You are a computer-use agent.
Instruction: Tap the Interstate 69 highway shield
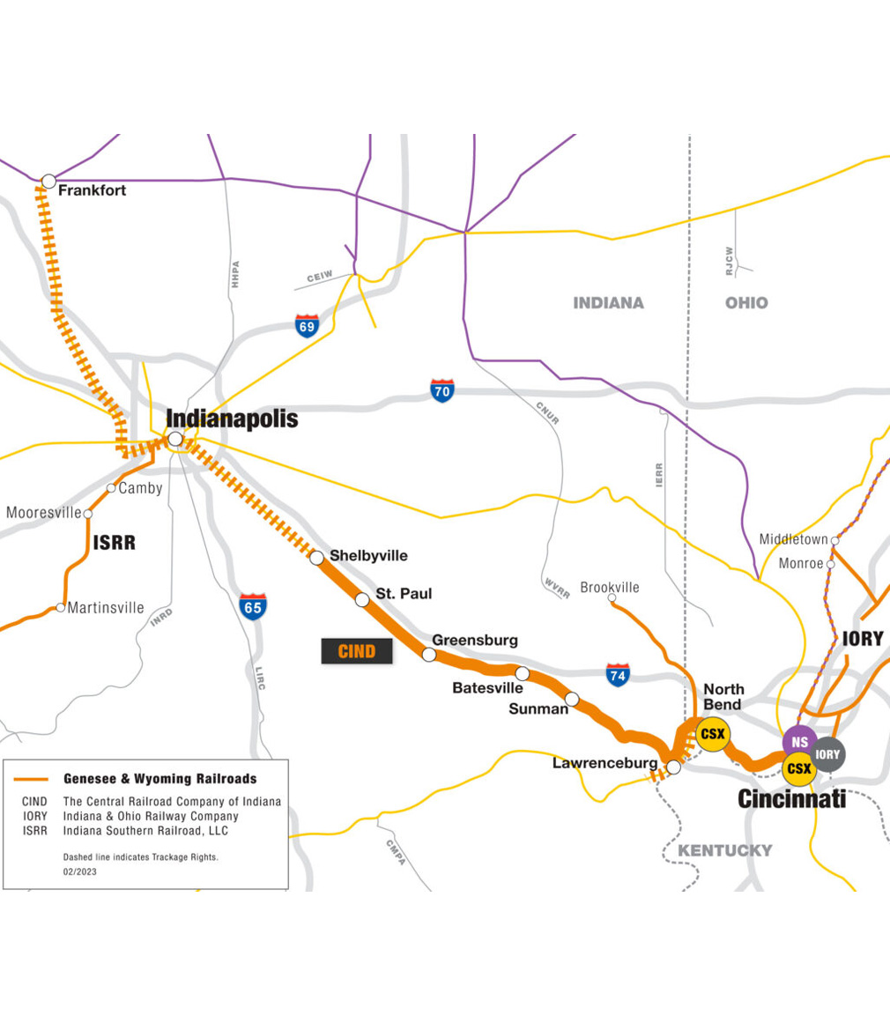[307, 324]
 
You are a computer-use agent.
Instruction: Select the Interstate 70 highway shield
[442, 389]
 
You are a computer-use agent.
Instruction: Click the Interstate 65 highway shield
[253, 606]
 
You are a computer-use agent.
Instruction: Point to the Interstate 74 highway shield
[618, 675]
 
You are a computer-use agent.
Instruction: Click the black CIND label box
[357, 651]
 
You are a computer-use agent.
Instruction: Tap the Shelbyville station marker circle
[316, 558]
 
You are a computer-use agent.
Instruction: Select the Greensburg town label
[474, 640]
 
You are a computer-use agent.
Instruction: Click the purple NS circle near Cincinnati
[799, 742]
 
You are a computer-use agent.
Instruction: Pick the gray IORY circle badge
[827, 754]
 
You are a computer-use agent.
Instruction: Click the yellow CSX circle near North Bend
[712, 734]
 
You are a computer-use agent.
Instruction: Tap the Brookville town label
[610, 587]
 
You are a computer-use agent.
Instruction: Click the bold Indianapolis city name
[232, 419]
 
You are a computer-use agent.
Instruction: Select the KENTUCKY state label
[724, 850]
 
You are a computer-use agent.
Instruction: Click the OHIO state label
[745, 303]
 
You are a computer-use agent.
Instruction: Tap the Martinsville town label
[106, 607]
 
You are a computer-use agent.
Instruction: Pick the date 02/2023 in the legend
[79, 871]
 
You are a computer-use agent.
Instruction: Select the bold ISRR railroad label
[115, 543]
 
